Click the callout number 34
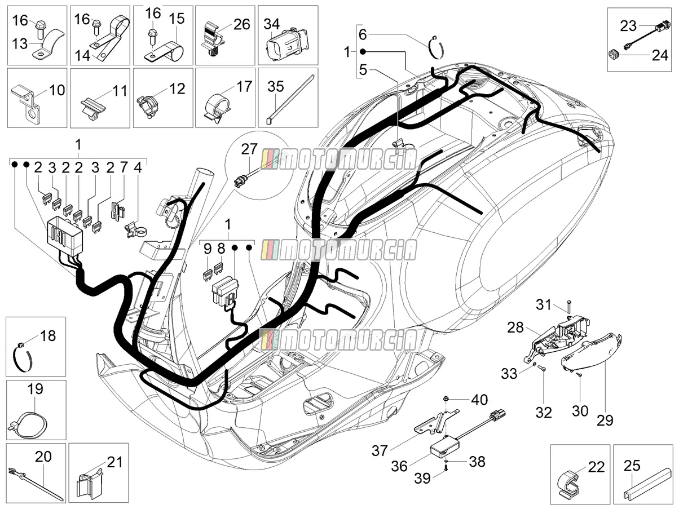(272, 24)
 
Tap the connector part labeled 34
(288, 43)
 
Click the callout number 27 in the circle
(249, 149)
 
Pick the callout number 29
(605, 421)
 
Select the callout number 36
(399, 466)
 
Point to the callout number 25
(632, 466)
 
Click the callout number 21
(114, 463)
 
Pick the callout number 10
(57, 90)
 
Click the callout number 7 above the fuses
(124, 167)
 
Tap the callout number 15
(177, 19)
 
